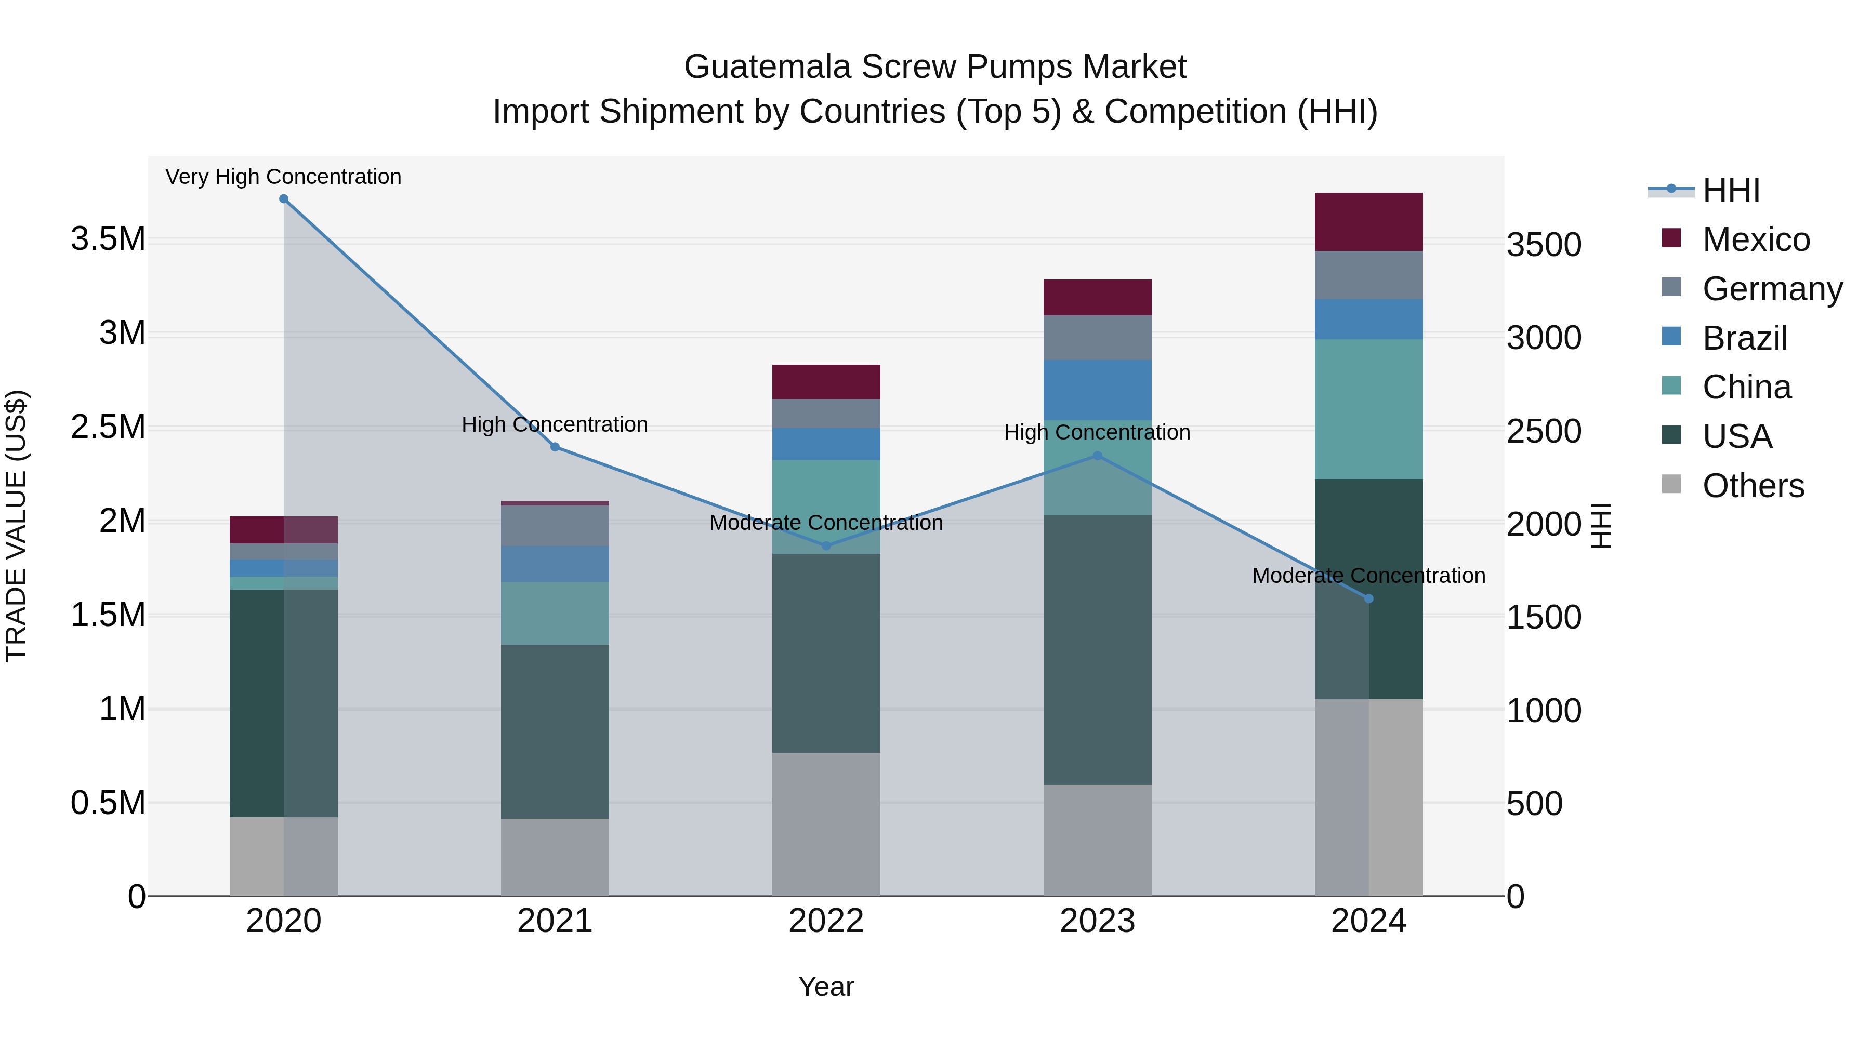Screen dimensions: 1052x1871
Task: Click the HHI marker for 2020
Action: click(284, 199)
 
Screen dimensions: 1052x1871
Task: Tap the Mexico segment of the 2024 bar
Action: click(1368, 221)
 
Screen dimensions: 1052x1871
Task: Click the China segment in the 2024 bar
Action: click(1368, 409)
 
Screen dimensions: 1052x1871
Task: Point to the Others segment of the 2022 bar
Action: click(826, 824)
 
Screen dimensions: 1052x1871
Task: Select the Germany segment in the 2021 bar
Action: click(555, 526)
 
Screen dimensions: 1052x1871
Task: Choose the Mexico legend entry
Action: click(1756, 239)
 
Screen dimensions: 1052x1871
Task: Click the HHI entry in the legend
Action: click(1731, 190)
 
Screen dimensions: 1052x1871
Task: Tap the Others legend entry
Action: click(1753, 486)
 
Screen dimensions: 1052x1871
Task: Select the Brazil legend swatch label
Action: click(1744, 338)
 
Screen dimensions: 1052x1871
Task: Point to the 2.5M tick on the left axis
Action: click(108, 427)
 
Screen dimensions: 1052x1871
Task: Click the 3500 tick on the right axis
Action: click(1544, 245)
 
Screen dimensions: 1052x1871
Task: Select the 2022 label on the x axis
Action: click(826, 921)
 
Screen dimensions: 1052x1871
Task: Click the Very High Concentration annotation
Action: click(283, 177)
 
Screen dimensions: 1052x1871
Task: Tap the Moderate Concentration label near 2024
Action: click(1368, 575)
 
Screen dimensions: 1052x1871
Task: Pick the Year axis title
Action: click(826, 987)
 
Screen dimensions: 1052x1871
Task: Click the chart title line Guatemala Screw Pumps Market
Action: click(935, 67)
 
